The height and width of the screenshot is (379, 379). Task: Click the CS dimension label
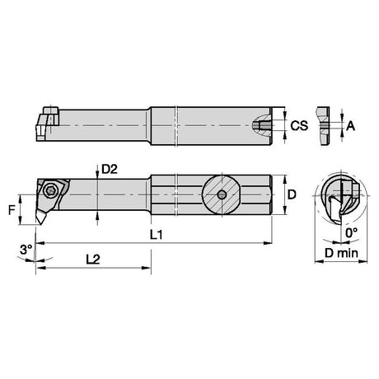pos(299,126)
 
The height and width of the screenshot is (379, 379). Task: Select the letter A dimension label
pos(351,126)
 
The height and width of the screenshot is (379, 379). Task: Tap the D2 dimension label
pos(110,169)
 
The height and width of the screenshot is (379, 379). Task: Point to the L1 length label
pos(157,235)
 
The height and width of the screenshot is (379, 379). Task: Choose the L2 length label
pos(93,259)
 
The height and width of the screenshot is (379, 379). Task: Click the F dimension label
pos(12,210)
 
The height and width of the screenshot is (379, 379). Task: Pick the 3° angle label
pos(26,250)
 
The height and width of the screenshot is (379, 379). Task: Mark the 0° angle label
pos(352,233)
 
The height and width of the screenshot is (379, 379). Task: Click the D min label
pos(341,253)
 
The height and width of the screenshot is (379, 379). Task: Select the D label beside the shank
pos(292,194)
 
